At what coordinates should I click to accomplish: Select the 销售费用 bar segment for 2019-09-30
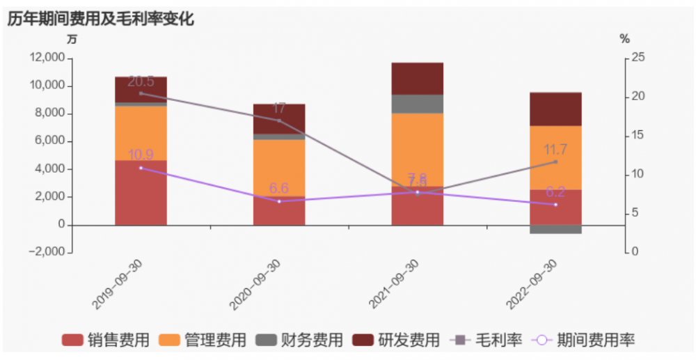[141, 193]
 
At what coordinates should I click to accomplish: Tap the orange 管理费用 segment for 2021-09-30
[418, 150]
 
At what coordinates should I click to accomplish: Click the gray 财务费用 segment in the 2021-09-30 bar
[418, 104]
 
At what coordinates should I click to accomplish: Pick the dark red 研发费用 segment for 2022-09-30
[555, 109]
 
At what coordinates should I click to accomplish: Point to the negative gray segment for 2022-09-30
[555, 229]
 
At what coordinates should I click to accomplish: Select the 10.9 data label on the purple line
[141, 155]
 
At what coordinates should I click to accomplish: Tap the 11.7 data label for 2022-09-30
[555, 149]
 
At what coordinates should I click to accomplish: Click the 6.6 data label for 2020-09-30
[279, 189]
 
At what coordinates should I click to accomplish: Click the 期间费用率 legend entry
[584, 340]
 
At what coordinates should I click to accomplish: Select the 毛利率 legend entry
[487, 340]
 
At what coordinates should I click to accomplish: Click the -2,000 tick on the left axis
[48, 253]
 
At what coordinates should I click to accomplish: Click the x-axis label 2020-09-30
[255, 284]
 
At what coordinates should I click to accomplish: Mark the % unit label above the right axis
[624, 40]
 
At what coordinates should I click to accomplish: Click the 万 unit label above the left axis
[72, 40]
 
